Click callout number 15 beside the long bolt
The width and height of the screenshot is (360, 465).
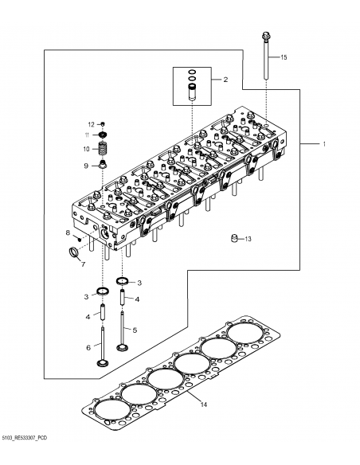pos(284,58)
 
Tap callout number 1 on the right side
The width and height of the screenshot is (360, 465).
pos(323,144)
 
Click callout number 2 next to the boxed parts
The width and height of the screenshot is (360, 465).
pos(225,80)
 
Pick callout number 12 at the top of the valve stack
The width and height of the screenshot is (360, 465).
pos(92,125)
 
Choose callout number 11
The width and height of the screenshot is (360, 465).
pos(88,136)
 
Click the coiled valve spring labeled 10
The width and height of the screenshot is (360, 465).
pos(103,148)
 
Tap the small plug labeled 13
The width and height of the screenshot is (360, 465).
pos(233,237)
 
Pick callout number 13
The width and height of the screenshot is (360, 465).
pos(248,239)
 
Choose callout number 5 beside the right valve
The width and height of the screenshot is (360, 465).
pos(134,329)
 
